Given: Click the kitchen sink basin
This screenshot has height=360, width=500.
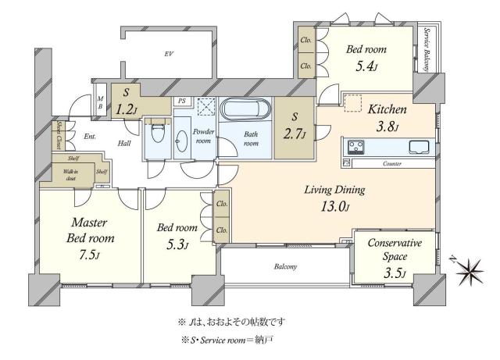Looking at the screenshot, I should pos(416,146).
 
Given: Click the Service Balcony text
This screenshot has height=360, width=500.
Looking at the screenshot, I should pos(427,48).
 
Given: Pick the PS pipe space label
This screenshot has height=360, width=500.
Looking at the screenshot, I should pos(181,101).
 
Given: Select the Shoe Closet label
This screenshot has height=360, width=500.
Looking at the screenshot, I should pos(58,134).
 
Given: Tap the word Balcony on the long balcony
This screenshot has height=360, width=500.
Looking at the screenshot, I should pos(285,267).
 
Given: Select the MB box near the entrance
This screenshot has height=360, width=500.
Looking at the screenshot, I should pos(100,102).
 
